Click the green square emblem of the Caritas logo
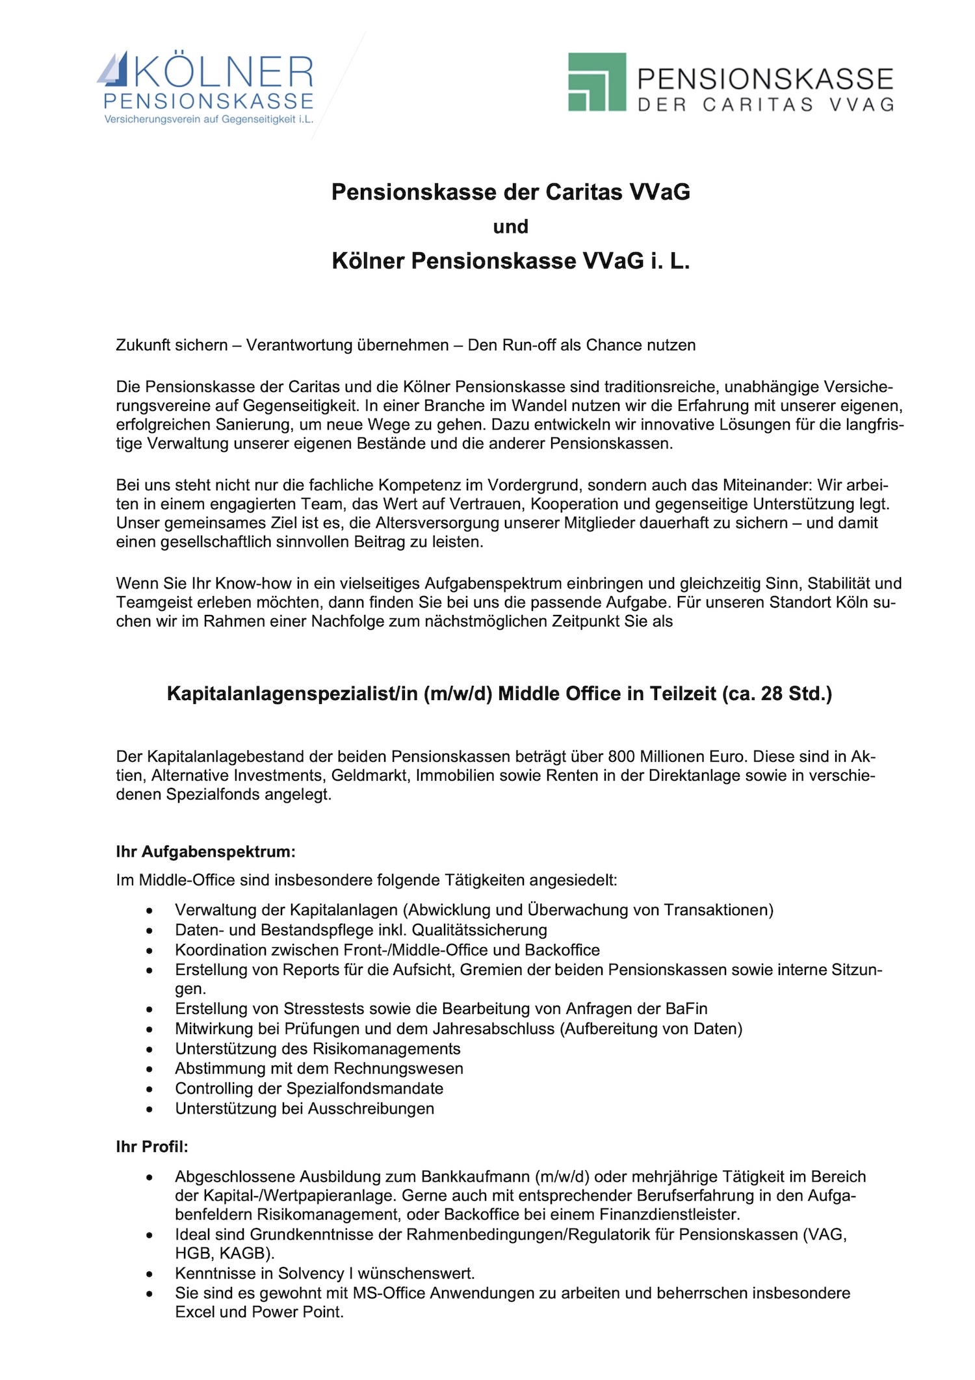point(597,83)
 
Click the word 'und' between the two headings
point(511,227)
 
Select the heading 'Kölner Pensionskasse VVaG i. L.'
point(511,261)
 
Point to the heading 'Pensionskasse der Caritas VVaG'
point(511,192)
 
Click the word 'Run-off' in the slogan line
point(528,345)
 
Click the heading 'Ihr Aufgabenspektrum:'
point(205,852)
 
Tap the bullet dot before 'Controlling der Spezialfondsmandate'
point(150,1089)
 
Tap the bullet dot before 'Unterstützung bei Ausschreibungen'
point(150,1109)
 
